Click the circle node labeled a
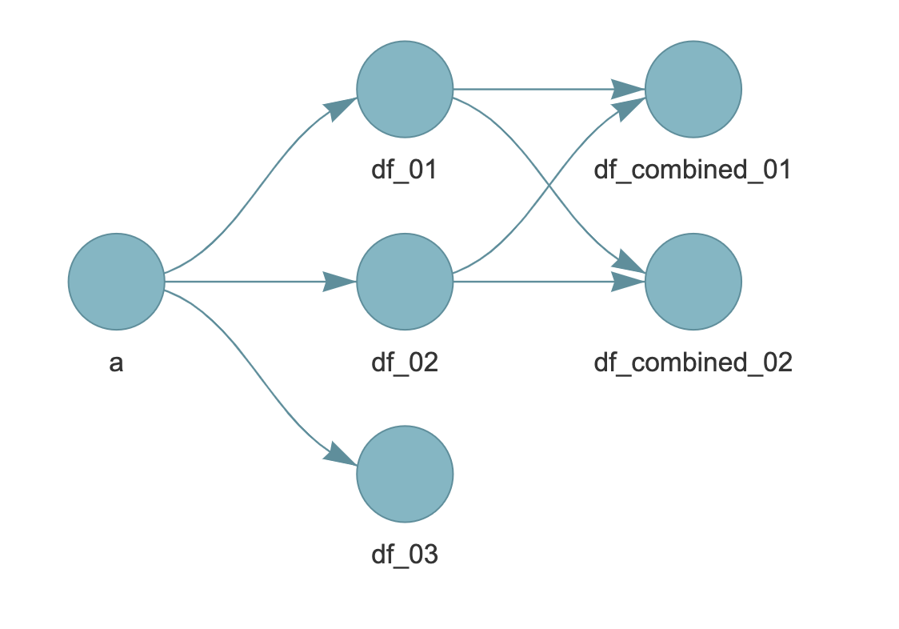click(116, 282)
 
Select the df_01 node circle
click(405, 90)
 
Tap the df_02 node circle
click(405, 282)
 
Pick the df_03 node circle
click(405, 474)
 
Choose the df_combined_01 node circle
click(693, 90)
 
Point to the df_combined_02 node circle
click(693, 282)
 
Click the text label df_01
click(405, 170)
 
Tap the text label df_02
click(405, 363)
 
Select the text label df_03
click(405, 555)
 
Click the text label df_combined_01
click(693, 170)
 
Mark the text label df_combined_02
click(693, 363)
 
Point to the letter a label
click(116, 363)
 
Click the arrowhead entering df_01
click(342, 108)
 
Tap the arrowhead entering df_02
click(340, 282)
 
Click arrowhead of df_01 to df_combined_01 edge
click(628, 86)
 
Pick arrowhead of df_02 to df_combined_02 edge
click(628, 282)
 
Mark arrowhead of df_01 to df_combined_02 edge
click(630, 264)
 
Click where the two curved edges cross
click(549, 186)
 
